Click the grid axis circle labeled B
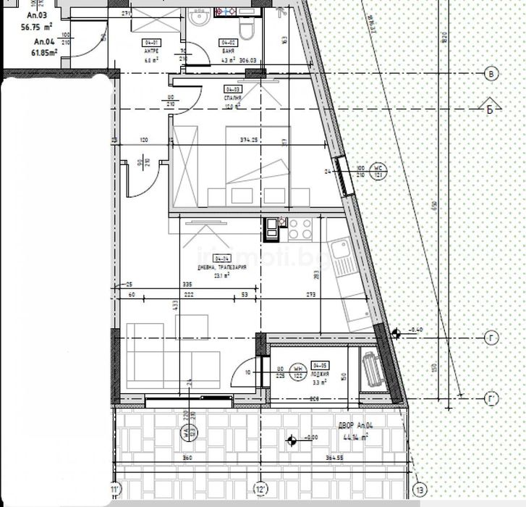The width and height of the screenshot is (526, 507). coord(492,73)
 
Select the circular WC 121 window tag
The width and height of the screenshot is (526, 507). coord(377,171)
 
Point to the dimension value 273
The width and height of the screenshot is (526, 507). coord(311,295)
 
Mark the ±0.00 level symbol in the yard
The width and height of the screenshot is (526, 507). coord(292,439)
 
